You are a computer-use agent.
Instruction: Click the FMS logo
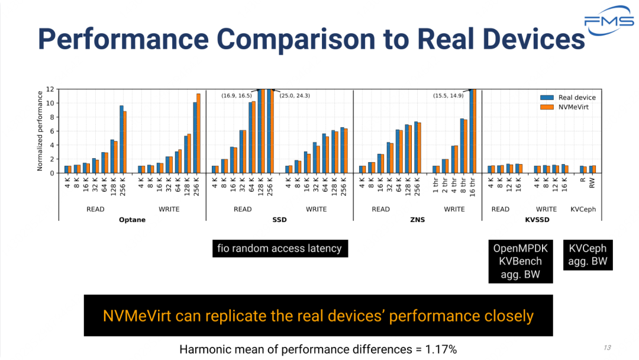[x=609, y=21]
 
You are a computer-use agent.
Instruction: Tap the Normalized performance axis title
[x=40, y=131]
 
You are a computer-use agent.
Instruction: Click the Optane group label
[x=133, y=220]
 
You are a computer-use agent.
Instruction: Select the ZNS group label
[x=418, y=220]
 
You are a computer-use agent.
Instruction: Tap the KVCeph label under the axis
[x=584, y=209]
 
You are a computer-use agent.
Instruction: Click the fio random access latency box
[x=280, y=249]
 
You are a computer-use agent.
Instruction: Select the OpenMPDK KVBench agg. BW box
[x=521, y=261]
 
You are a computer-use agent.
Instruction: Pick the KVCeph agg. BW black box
[x=588, y=255]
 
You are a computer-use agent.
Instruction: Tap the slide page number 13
[x=607, y=348]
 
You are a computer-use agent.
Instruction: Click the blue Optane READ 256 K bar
[x=121, y=139]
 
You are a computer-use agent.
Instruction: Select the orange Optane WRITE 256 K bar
[x=198, y=133]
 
